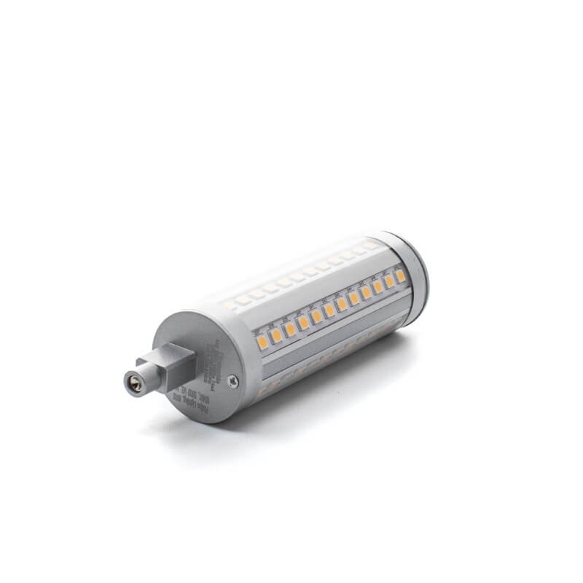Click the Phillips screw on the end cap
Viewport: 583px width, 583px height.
(x=232, y=378)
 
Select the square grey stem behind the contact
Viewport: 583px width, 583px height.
(x=173, y=362)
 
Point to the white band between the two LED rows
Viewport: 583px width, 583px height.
(x=313, y=291)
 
